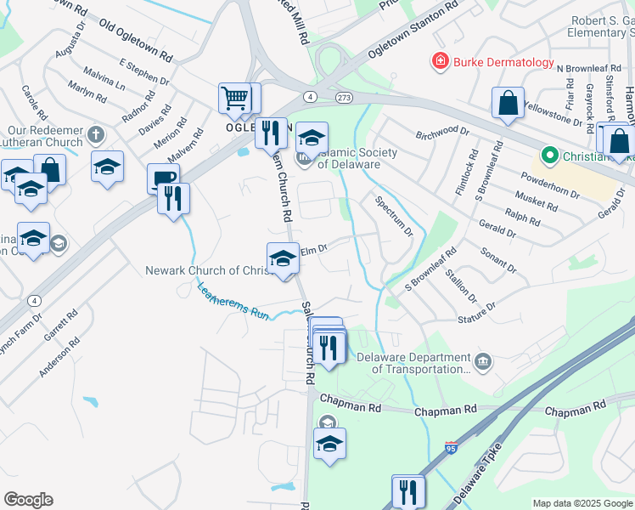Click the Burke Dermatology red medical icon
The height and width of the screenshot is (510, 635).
point(441,61)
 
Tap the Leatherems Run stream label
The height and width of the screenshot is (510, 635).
point(233,303)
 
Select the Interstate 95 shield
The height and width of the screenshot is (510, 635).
point(449,447)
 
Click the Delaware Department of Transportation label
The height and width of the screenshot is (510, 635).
point(413,364)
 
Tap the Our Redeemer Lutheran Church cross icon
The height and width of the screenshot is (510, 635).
point(96,133)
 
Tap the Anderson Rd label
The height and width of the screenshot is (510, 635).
point(59,357)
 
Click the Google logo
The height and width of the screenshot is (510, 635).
point(28,500)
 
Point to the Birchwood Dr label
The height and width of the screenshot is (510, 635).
point(442,131)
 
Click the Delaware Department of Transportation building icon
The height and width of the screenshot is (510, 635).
point(483,362)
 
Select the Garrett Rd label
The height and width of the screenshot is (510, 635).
point(63,325)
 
